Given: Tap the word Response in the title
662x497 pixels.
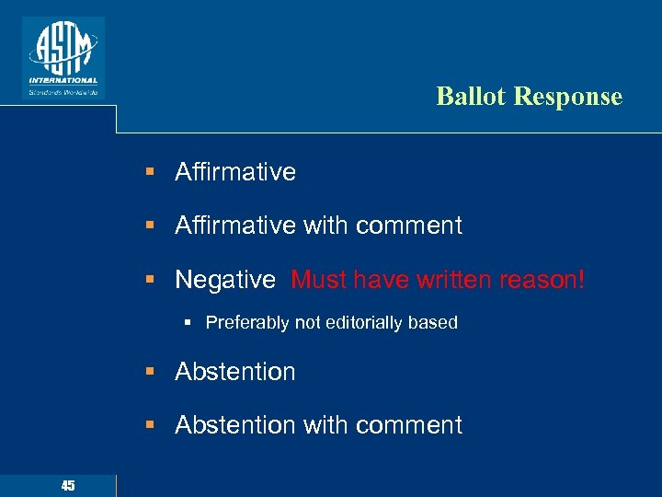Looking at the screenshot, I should pyautogui.click(x=566, y=97).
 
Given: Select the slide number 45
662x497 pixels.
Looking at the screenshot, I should pyautogui.click(x=67, y=485).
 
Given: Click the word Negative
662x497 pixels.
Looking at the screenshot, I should pyautogui.click(x=225, y=279).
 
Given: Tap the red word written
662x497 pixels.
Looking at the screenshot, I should pyautogui.click(x=450, y=279).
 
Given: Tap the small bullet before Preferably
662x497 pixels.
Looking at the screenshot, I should pyautogui.click(x=186, y=323).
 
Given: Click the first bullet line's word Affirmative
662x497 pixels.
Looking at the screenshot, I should pyautogui.click(x=235, y=172).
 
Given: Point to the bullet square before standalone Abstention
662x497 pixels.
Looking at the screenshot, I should pyautogui.click(x=149, y=372).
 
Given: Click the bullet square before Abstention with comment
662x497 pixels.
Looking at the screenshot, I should pyautogui.click(x=149, y=425).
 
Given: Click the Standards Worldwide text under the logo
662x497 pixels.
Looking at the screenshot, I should pyautogui.click(x=63, y=92).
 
